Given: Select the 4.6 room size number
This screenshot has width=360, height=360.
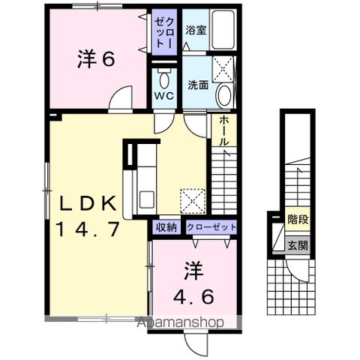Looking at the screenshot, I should point(194,295).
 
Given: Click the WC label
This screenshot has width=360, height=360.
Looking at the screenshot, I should point(165,97).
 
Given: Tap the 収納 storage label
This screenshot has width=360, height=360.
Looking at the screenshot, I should point(166,226).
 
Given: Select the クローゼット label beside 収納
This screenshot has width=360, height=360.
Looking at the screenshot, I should point(210,226).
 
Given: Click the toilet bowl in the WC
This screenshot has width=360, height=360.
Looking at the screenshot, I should point(164,79).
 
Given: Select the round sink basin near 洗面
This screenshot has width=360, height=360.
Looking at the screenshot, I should point(224,94).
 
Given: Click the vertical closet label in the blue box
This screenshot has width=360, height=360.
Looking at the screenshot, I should point(164,33).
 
